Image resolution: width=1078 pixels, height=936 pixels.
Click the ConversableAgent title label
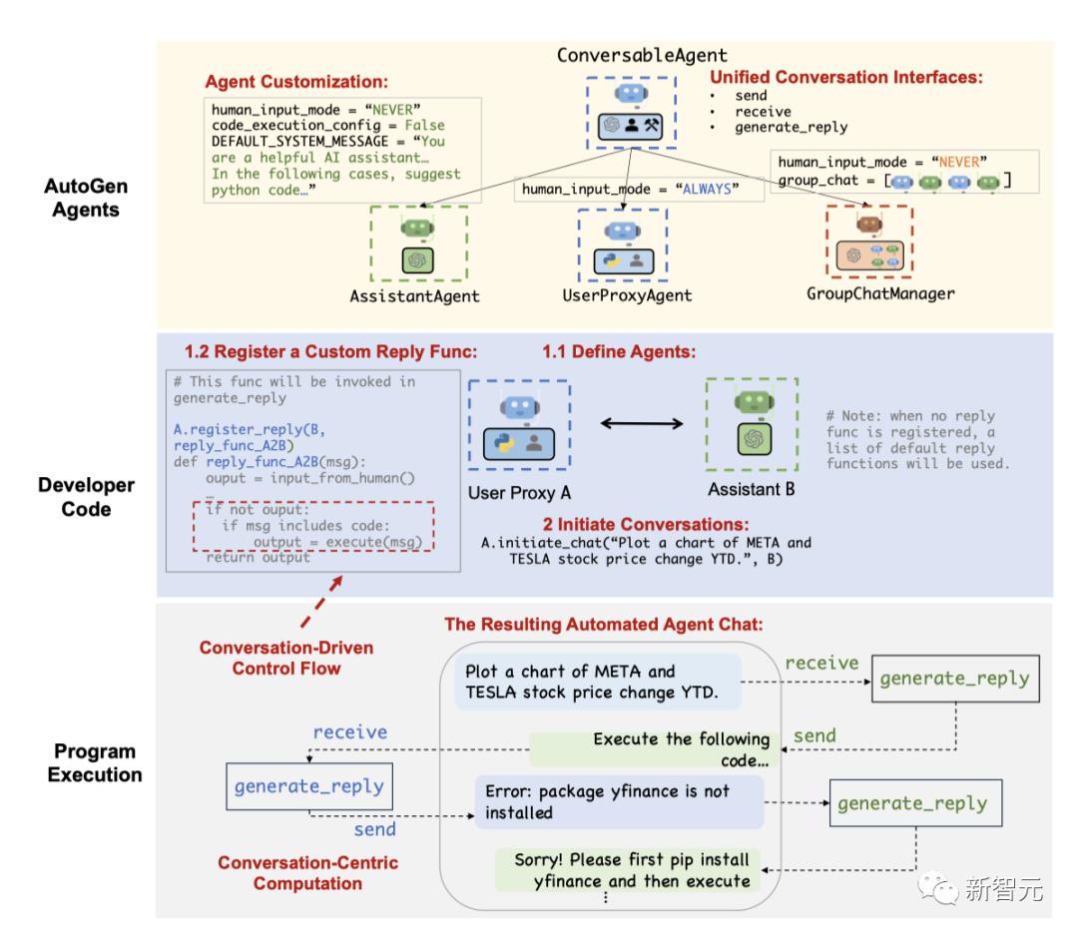tap(642, 55)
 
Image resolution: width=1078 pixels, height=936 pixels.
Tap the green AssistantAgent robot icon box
tap(418, 243)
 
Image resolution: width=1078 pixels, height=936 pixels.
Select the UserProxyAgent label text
tap(627, 295)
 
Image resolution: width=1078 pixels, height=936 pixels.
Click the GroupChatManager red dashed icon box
tap(869, 241)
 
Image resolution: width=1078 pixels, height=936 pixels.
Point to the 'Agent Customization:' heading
tap(296, 82)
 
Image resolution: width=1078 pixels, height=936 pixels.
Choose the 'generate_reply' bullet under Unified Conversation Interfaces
tap(791, 127)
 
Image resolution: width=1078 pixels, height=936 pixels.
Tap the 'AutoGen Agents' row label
tap(86, 198)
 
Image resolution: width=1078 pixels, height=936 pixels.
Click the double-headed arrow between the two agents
tap(642, 423)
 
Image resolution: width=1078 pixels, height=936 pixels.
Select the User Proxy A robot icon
tap(520, 425)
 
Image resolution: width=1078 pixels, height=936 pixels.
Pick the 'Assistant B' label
tap(752, 489)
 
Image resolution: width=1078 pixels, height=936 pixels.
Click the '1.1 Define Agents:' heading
tap(619, 352)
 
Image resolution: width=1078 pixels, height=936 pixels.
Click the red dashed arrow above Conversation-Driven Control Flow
tap(321, 602)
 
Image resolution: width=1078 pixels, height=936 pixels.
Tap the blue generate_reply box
tap(309, 786)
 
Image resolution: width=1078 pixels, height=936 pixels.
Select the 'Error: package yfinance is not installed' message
tap(619, 802)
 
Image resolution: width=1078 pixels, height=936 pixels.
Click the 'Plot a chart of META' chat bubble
tap(598, 682)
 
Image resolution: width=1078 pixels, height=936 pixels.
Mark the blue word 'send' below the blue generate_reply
tap(374, 829)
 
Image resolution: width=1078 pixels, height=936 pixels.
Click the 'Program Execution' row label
tap(95, 762)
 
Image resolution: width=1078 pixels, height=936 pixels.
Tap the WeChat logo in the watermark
tap(937, 888)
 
